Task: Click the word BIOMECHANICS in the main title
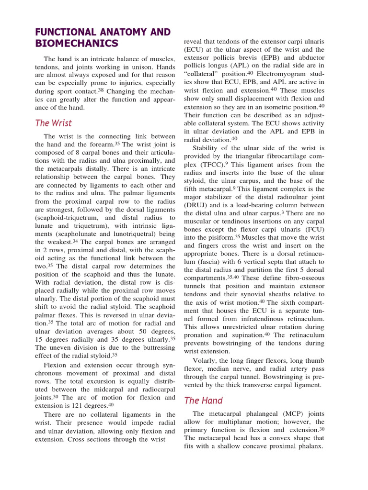pyautogui.click(x=77, y=44)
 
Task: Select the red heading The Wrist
pyautogui.click(x=54, y=123)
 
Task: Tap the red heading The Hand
pyautogui.click(x=204, y=401)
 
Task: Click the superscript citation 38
pyautogui.click(x=101, y=89)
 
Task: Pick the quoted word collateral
pyautogui.click(x=201, y=74)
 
